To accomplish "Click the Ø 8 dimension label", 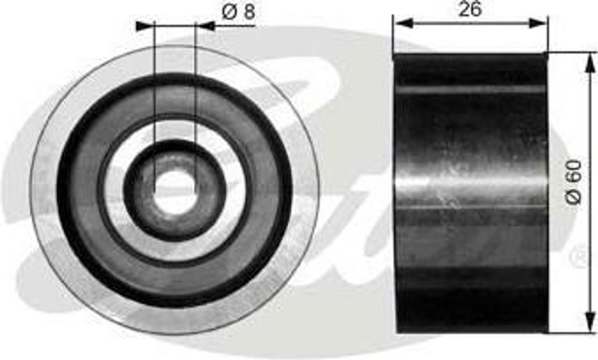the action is [x=238, y=13].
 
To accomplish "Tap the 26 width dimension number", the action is [x=470, y=9].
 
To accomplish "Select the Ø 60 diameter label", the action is [x=573, y=182].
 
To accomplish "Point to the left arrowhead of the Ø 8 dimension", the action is [x=145, y=26].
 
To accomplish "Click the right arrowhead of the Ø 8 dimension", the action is [x=204, y=26].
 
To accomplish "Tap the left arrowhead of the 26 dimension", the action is [x=404, y=23].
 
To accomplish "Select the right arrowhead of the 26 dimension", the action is [x=537, y=23].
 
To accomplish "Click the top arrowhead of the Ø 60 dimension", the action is [x=590, y=63].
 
